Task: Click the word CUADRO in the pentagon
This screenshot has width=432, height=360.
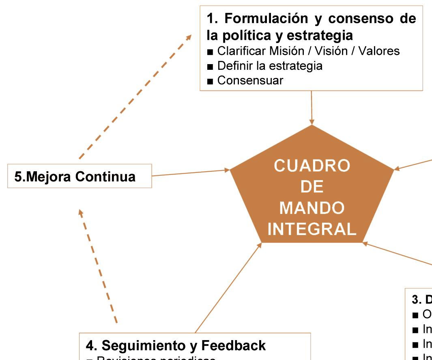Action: click(311, 166)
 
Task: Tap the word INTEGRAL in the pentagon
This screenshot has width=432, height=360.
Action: click(312, 229)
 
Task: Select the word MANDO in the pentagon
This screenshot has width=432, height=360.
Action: click(312, 208)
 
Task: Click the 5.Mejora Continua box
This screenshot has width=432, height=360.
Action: click(80, 176)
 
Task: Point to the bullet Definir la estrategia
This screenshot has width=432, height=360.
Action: click(270, 65)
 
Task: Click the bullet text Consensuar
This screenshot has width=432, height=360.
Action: click(250, 80)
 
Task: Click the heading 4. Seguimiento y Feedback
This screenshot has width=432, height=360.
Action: click(176, 345)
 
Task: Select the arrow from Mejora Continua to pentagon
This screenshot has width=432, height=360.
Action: click(191, 173)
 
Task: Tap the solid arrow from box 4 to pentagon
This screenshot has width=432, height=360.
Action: click(228, 288)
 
